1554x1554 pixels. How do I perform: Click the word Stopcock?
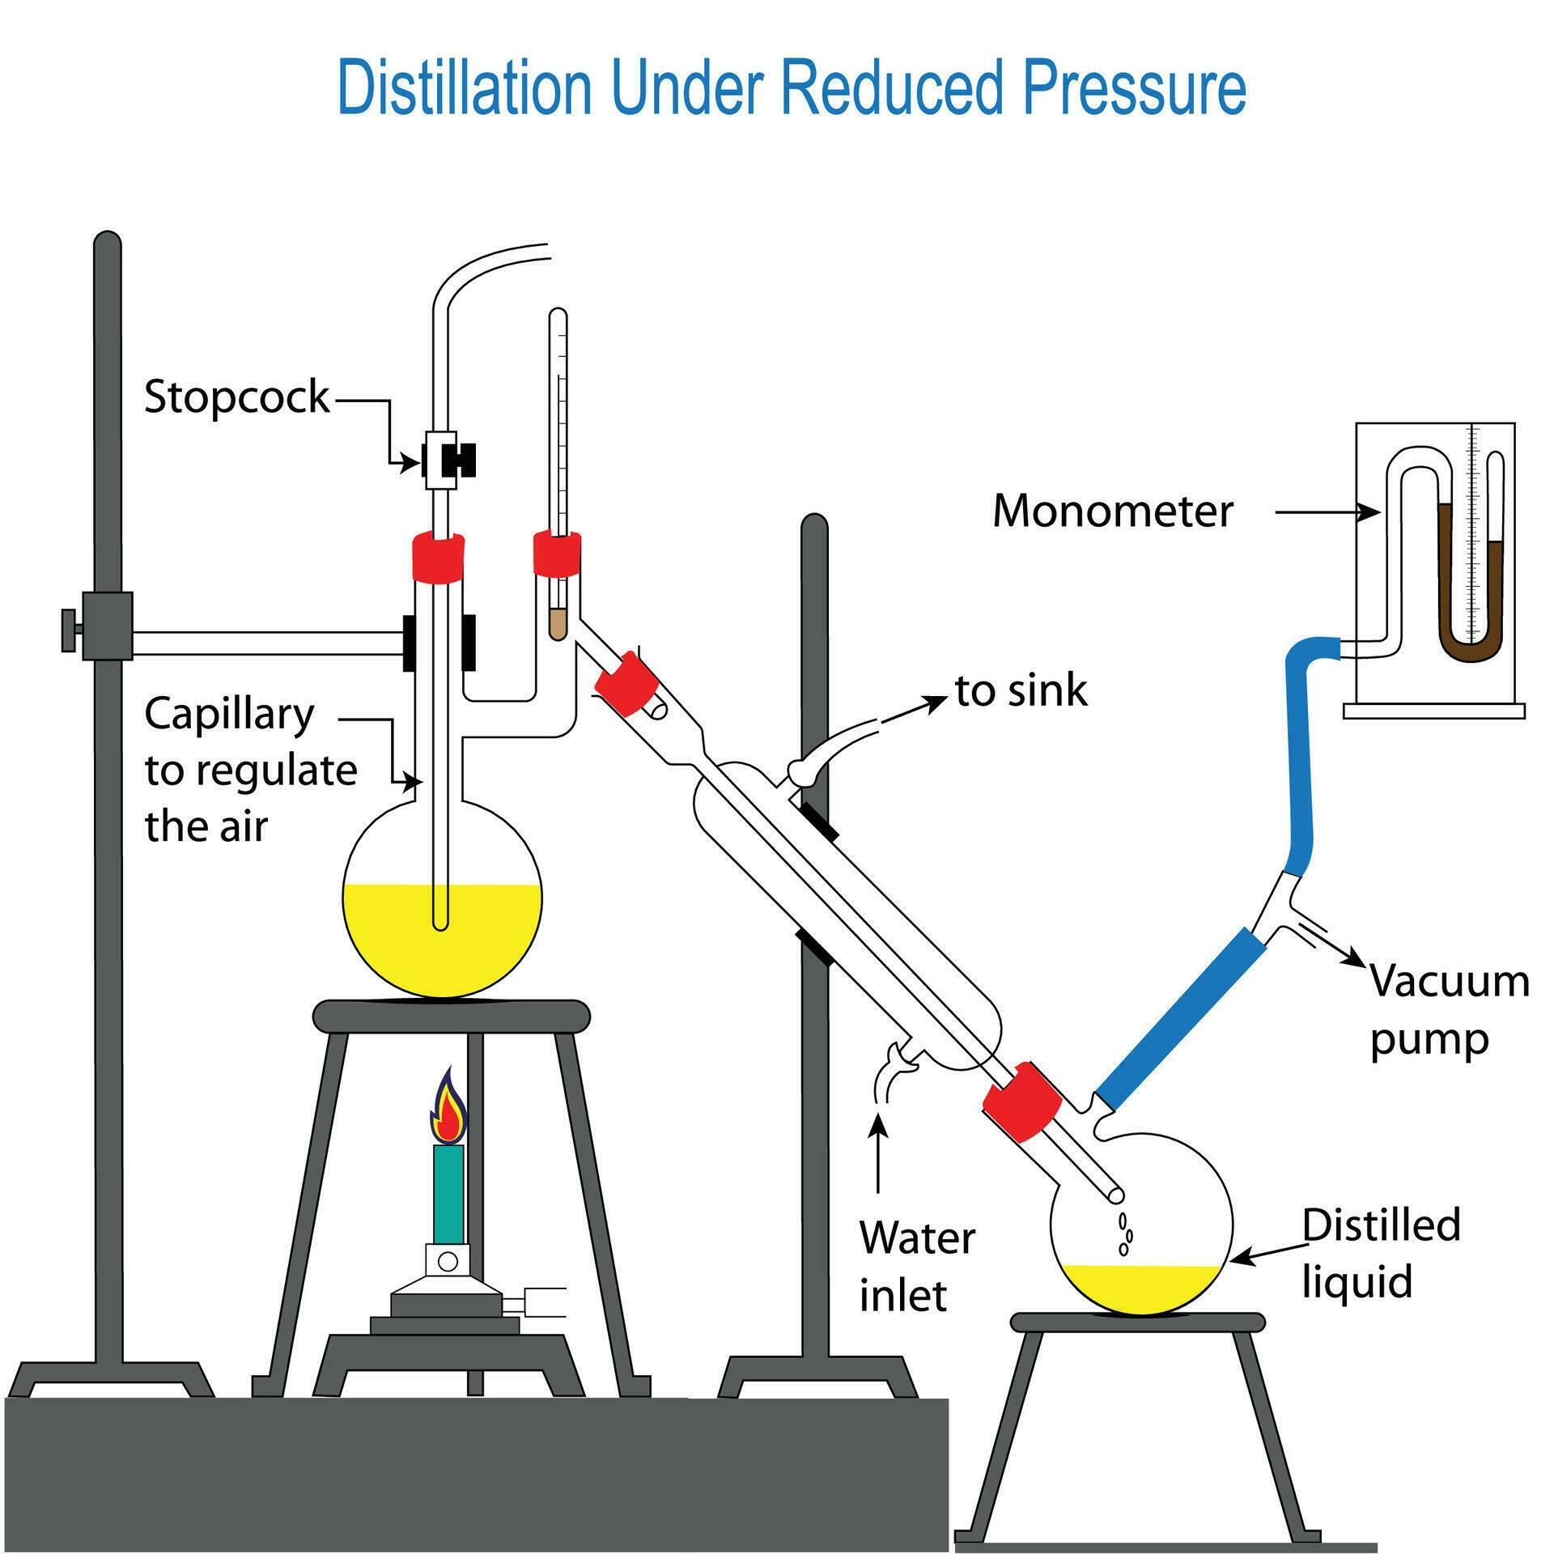click(x=236, y=397)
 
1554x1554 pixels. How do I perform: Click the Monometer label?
click(x=1112, y=512)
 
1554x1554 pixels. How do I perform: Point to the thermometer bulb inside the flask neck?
click(x=557, y=624)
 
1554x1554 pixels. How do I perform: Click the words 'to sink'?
click(x=1021, y=691)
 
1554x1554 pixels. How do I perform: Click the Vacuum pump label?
click(x=1449, y=1009)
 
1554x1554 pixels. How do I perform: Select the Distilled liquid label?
click(x=1381, y=1253)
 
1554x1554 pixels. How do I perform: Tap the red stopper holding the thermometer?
click(x=557, y=554)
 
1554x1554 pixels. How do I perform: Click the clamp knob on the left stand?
click(x=68, y=631)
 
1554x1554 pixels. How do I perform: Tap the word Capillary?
click(x=229, y=715)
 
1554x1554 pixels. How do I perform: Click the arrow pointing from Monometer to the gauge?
click(x=1327, y=512)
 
